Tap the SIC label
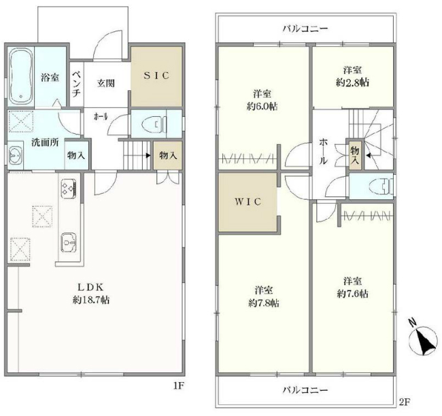156,75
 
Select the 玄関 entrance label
105,83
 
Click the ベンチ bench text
77,82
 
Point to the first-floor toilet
155,124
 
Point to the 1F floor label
178,387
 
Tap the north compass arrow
427,341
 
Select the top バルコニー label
305,29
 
